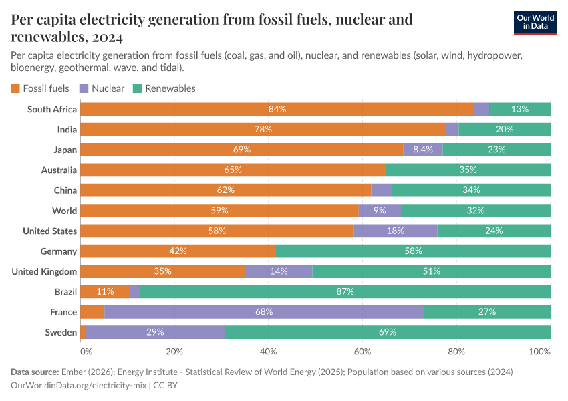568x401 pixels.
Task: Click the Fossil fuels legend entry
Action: (x=40, y=88)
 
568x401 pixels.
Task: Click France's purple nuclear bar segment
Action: (x=264, y=312)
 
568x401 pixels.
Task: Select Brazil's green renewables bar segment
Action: (x=345, y=291)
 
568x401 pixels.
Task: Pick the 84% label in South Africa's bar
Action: (x=277, y=109)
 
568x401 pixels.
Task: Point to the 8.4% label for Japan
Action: (x=423, y=150)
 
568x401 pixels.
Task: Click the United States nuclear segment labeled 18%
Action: (x=396, y=231)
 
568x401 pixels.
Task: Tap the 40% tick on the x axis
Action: (x=268, y=352)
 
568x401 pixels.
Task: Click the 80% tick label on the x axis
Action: (x=456, y=352)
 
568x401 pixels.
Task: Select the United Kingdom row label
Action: (x=45, y=271)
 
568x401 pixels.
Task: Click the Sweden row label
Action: (x=61, y=332)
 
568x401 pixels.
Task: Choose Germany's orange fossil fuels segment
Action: (x=178, y=251)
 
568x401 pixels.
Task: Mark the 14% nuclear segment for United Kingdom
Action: (x=279, y=271)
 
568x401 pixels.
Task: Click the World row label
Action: (x=65, y=211)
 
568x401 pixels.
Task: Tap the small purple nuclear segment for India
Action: (x=452, y=129)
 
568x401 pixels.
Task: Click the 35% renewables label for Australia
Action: (x=468, y=170)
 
